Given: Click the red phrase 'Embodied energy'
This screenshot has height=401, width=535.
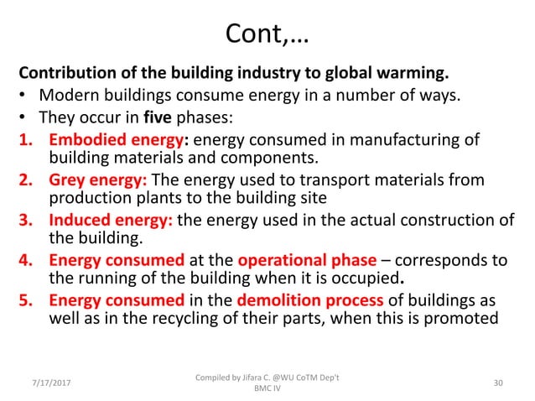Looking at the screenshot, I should (x=109, y=138).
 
